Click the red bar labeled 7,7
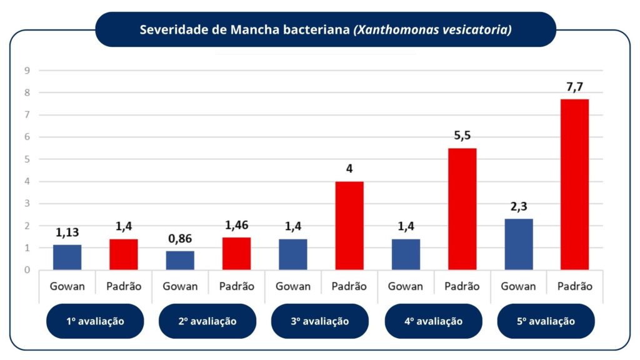(574, 184)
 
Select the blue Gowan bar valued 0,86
(180, 261)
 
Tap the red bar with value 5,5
(462, 209)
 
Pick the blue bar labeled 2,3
(518, 244)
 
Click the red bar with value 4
(349, 226)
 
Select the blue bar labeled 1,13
(67, 257)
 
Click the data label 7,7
(574, 87)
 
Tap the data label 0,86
(180, 239)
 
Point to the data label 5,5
(462, 136)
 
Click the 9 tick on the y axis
(27, 71)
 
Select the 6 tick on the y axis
(27, 137)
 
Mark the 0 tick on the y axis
(27, 270)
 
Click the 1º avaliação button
(95, 321)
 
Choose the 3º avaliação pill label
(320, 321)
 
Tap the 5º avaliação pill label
(546, 321)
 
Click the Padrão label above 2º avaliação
(236, 286)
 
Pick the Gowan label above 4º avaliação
(406, 286)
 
